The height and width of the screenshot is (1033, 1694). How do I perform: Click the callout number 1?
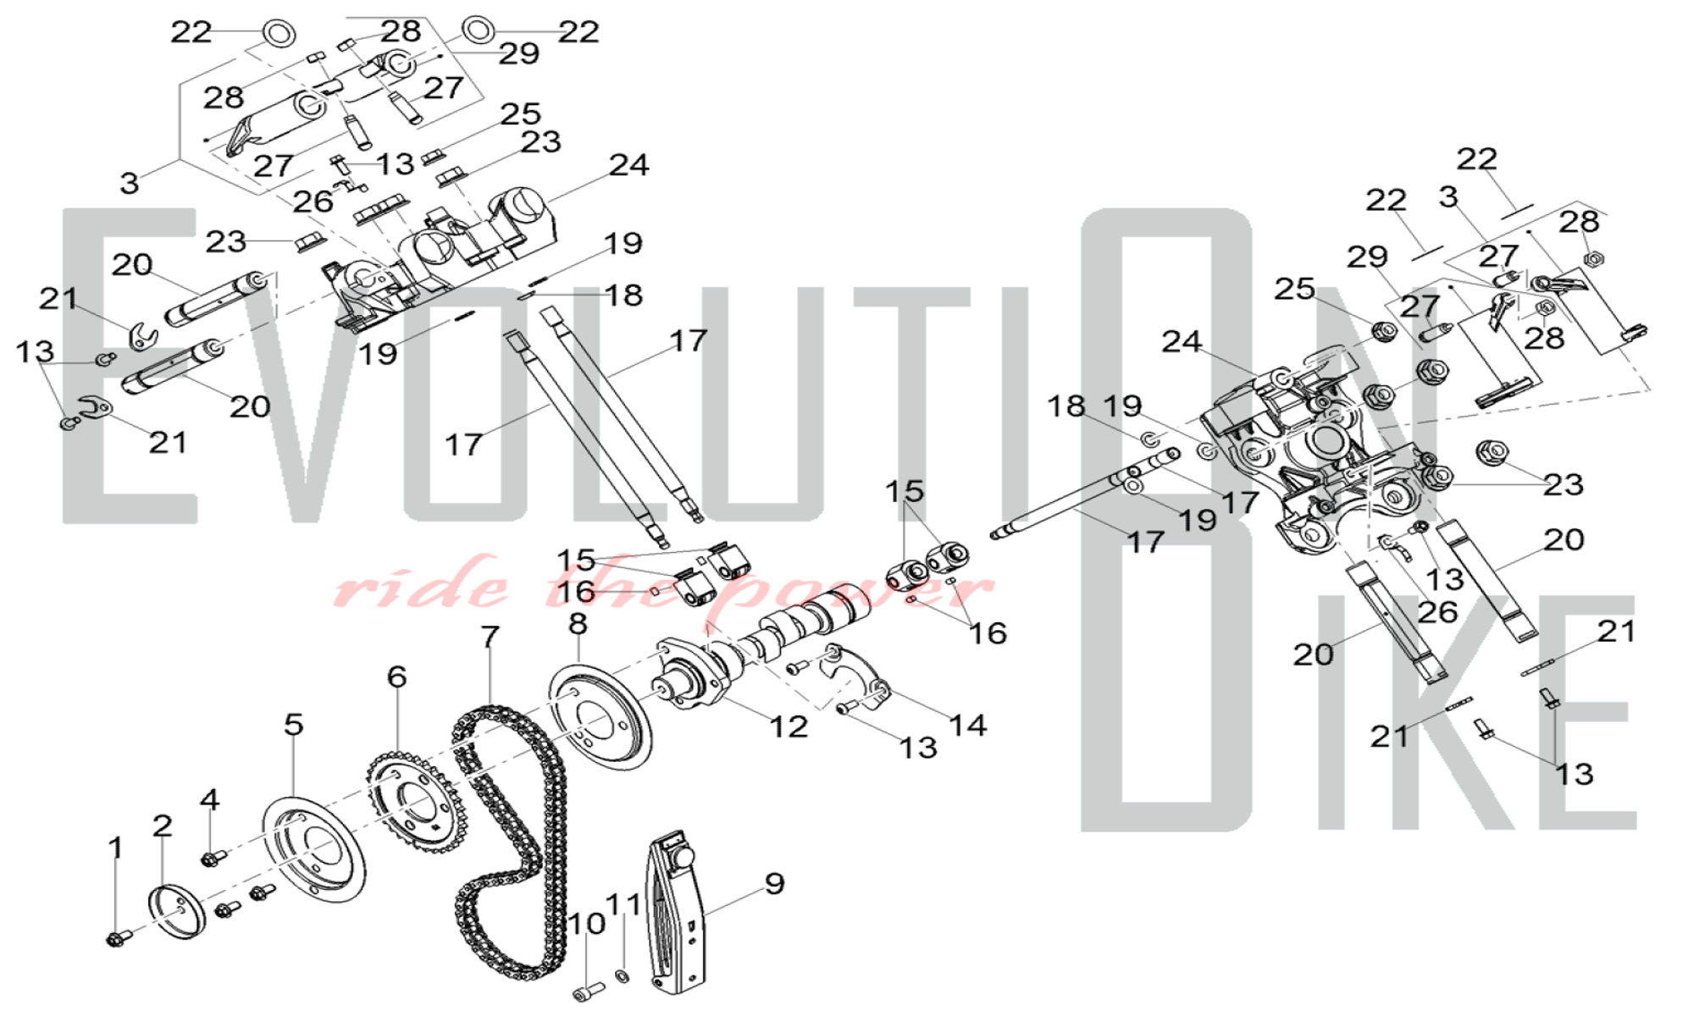(116, 848)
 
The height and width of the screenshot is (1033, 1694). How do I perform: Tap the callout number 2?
(162, 826)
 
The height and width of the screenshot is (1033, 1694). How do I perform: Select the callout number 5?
(293, 725)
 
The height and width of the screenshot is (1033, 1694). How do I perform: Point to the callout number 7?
(490, 637)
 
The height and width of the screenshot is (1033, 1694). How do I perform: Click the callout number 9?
(774, 883)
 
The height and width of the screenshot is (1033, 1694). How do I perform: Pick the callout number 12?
(789, 726)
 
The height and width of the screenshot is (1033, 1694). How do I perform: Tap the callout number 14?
(967, 725)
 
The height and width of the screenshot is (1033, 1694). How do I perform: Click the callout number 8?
(578, 624)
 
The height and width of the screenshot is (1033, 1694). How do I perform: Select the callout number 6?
(396, 677)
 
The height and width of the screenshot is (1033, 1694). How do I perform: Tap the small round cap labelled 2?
(178, 912)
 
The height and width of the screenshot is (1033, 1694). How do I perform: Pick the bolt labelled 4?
(212, 859)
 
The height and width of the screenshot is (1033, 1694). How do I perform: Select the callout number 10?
(586, 923)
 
